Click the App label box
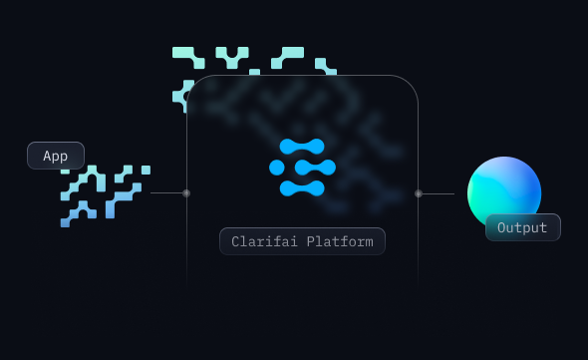[x=56, y=156]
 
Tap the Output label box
[x=522, y=227]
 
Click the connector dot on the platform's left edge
[x=186, y=193]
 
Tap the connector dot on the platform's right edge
[x=419, y=193]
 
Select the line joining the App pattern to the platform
[x=167, y=193]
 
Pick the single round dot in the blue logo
[x=277, y=168]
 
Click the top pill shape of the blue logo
[x=302, y=147]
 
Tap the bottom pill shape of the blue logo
[x=302, y=188]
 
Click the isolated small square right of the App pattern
[x=146, y=171]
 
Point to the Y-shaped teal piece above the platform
[x=232, y=56]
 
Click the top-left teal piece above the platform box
[x=189, y=56]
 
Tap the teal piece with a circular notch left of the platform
[x=182, y=96]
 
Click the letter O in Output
[x=502, y=227]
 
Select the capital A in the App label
[x=47, y=156]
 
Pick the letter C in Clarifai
[x=235, y=241]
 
